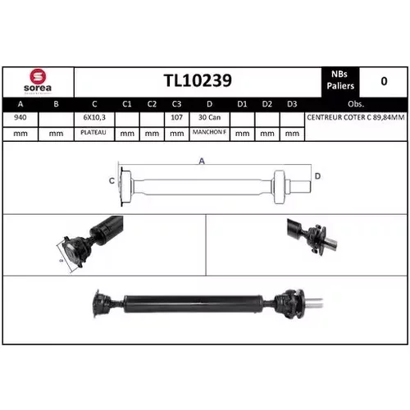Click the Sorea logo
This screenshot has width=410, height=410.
(x=38, y=81)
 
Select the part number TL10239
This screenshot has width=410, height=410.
(x=198, y=80)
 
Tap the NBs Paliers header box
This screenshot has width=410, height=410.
(x=340, y=81)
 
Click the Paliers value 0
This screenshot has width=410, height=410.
(x=384, y=81)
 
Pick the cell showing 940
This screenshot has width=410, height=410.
(x=20, y=117)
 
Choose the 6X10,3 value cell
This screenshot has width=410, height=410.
(x=94, y=117)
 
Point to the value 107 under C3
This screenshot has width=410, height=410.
(x=176, y=117)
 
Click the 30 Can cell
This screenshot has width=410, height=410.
(x=209, y=117)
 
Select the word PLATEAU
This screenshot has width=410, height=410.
(x=93, y=132)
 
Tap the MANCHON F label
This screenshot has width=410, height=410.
(x=209, y=132)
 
